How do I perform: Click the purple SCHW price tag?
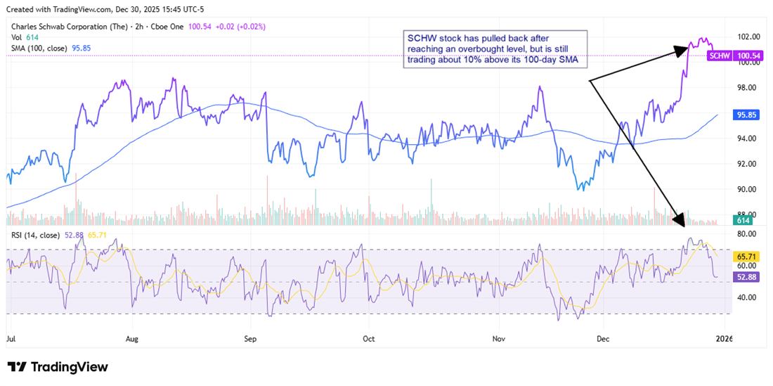pos(720,55)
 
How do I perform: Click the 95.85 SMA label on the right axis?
pos(745,113)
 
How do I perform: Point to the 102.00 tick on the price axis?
pos(746,37)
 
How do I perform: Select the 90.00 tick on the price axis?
pos(746,189)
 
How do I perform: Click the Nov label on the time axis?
pos(498,338)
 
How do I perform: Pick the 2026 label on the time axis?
pos(724,338)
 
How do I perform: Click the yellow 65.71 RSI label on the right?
pos(745,257)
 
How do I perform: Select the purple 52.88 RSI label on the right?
pos(745,277)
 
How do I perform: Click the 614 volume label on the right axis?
pos(741,221)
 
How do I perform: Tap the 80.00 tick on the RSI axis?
pos(746,233)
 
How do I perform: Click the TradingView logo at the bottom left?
pos(58,367)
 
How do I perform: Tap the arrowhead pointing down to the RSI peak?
pos(678,220)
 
